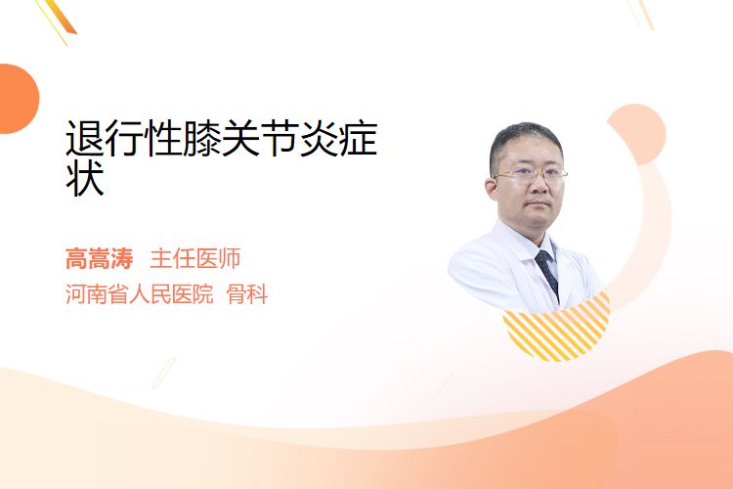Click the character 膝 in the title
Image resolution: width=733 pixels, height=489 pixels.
[x=202, y=139]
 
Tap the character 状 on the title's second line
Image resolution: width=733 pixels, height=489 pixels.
[x=85, y=178]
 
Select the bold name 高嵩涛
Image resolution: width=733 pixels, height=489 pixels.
[x=99, y=259]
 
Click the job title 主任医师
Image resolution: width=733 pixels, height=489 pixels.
[x=195, y=259]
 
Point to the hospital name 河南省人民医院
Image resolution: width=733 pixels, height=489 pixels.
[x=140, y=293]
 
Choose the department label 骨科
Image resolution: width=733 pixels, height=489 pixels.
[x=247, y=293]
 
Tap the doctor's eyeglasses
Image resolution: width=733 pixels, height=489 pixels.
[x=531, y=176]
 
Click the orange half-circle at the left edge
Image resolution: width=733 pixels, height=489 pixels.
[x=19, y=99]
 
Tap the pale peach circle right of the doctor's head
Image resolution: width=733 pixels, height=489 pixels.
[x=636, y=134]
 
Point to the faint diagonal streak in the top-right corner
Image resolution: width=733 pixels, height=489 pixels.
[x=640, y=14]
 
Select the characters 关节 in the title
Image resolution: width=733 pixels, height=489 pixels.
[x=260, y=139]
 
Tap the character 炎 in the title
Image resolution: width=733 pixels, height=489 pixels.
[x=319, y=139]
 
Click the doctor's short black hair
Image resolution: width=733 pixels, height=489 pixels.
[x=526, y=140]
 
